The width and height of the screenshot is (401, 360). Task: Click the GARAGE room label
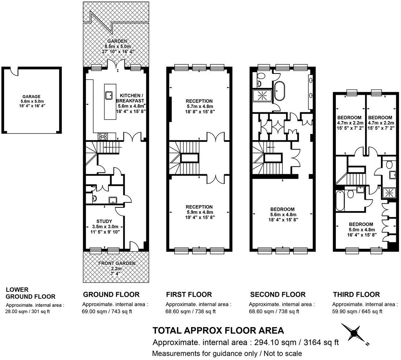pos(30,97)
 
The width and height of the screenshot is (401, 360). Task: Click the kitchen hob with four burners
pos(103,136)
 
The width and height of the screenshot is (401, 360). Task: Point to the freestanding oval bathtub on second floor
pos(280,91)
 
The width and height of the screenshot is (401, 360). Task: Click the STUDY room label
pos(104,221)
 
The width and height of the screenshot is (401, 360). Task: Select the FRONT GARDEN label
pos(116,263)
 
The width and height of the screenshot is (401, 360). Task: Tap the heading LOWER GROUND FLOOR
pos(31,293)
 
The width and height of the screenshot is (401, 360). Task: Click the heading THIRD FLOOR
pos(356,295)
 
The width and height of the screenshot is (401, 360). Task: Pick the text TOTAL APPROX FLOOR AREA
pos(218,331)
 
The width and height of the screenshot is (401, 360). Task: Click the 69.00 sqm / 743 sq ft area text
pos(107,312)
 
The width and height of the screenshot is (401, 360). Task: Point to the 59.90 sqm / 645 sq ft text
pos(357,312)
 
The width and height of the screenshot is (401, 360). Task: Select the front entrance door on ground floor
pos(134,246)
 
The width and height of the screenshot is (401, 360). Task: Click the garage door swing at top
pos(14,71)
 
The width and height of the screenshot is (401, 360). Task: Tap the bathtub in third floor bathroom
pos(340,201)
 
